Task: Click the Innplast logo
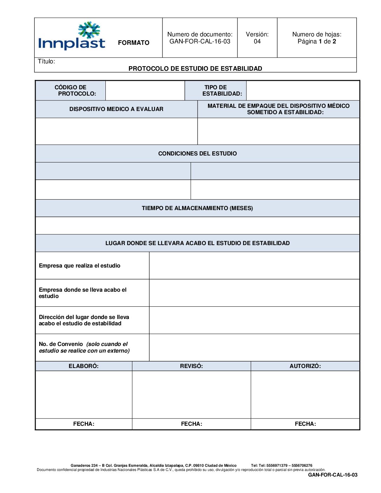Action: [x=72, y=36]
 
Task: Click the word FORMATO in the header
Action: [x=133, y=43]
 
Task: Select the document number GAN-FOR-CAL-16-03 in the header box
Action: [x=200, y=41]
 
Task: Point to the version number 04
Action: [x=257, y=41]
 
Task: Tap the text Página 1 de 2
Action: [x=317, y=41]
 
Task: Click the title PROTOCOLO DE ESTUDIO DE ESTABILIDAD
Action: [x=195, y=69]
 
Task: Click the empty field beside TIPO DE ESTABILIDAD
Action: [x=303, y=90]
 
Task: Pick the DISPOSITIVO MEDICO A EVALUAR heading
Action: [x=116, y=109]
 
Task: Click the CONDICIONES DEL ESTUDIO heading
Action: [x=198, y=153]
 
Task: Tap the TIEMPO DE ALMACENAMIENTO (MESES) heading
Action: [x=197, y=208]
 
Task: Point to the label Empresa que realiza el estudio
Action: [x=79, y=266]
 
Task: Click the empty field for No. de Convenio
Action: [x=254, y=347]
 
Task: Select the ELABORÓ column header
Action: [x=83, y=366]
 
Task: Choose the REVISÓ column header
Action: [x=191, y=366]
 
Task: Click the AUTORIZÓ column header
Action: [x=305, y=366]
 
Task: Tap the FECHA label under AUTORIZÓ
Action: [x=305, y=424]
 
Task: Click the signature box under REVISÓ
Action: [x=191, y=394]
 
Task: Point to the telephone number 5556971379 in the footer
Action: [x=277, y=466]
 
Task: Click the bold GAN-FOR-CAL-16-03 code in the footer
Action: [x=333, y=475]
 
